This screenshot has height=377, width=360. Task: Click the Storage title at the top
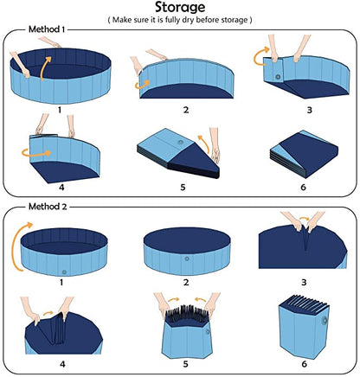179,11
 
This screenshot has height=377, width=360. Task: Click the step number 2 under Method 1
185,110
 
